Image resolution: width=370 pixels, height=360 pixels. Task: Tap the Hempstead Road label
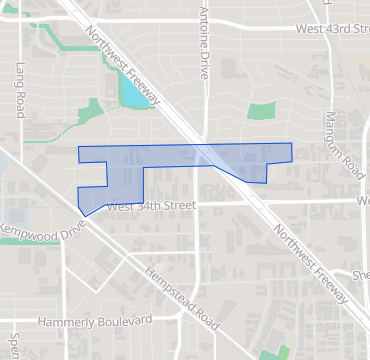point(181,298)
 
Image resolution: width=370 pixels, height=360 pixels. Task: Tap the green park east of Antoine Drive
point(262,112)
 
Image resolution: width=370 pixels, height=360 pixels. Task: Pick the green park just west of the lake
point(96,109)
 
